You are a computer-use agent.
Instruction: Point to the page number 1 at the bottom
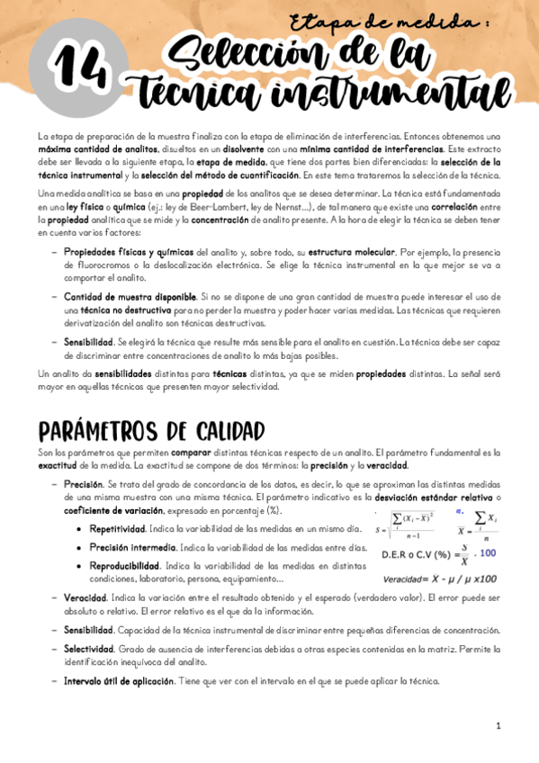pos(497,725)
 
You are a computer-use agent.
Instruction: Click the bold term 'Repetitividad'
pos(118,529)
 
